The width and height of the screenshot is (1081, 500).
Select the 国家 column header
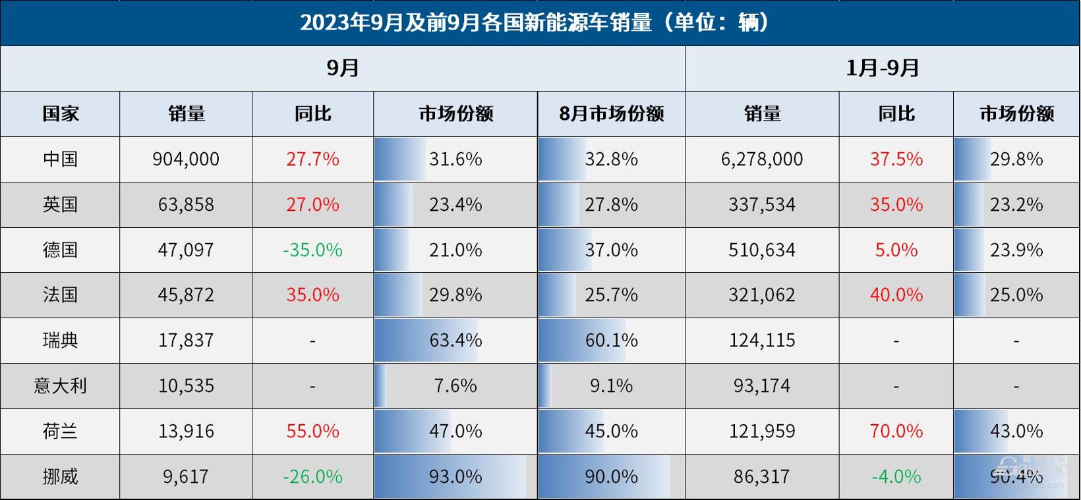pos(60,114)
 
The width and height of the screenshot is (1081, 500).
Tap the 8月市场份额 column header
pos(611,114)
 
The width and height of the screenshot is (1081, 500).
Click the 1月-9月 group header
pos(882,68)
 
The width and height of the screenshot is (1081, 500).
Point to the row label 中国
pos(60,159)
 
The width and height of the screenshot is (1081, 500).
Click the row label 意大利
pos(60,385)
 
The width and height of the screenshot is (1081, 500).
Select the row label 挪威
pos(60,476)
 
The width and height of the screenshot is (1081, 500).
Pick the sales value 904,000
pos(186,159)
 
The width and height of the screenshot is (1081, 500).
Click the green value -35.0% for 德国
pos(312,250)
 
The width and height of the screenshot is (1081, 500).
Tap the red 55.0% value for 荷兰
pos(312,431)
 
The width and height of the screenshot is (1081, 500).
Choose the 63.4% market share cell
pos(455,341)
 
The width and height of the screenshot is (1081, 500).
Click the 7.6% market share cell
pos(455,385)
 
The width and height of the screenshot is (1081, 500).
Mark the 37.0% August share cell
pos(611,250)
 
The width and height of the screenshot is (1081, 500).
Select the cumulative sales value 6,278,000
pos(762,159)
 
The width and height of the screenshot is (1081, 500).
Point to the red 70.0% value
pos(896,431)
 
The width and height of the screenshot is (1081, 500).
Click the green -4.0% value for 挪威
pos(896,476)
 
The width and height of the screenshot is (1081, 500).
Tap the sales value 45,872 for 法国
pos(186,294)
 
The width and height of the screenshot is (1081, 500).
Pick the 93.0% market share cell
pos(455,476)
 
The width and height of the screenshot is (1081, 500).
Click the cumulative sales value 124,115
pos(762,341)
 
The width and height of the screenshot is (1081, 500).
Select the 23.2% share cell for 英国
pos(1016,205)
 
